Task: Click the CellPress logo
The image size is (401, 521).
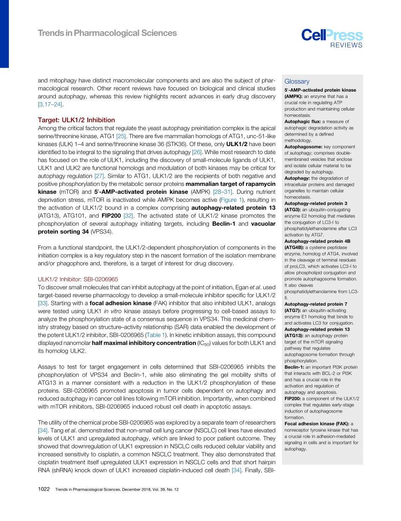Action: (x=332, y=35)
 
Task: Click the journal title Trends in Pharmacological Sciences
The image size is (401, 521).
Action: (x=107, y=33)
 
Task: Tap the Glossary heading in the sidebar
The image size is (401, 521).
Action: (x=297, y=81)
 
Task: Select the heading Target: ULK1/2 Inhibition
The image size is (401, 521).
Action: (x=76, y=120)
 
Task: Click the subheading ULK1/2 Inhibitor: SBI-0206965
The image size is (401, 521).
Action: (x=78, y=279)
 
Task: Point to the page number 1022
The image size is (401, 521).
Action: (x=44, y=489)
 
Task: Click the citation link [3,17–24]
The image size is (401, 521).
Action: (x=51, y=104)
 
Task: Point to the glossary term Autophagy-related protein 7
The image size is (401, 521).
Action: (x=316, y=304)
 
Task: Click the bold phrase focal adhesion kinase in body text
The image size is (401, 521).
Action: (x=120, y=303)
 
